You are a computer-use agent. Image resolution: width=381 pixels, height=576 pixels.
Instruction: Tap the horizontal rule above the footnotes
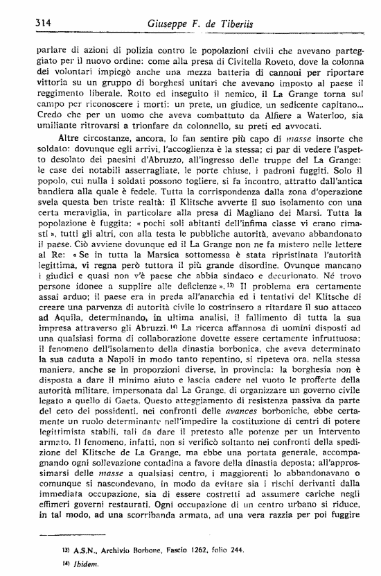[72, 534]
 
